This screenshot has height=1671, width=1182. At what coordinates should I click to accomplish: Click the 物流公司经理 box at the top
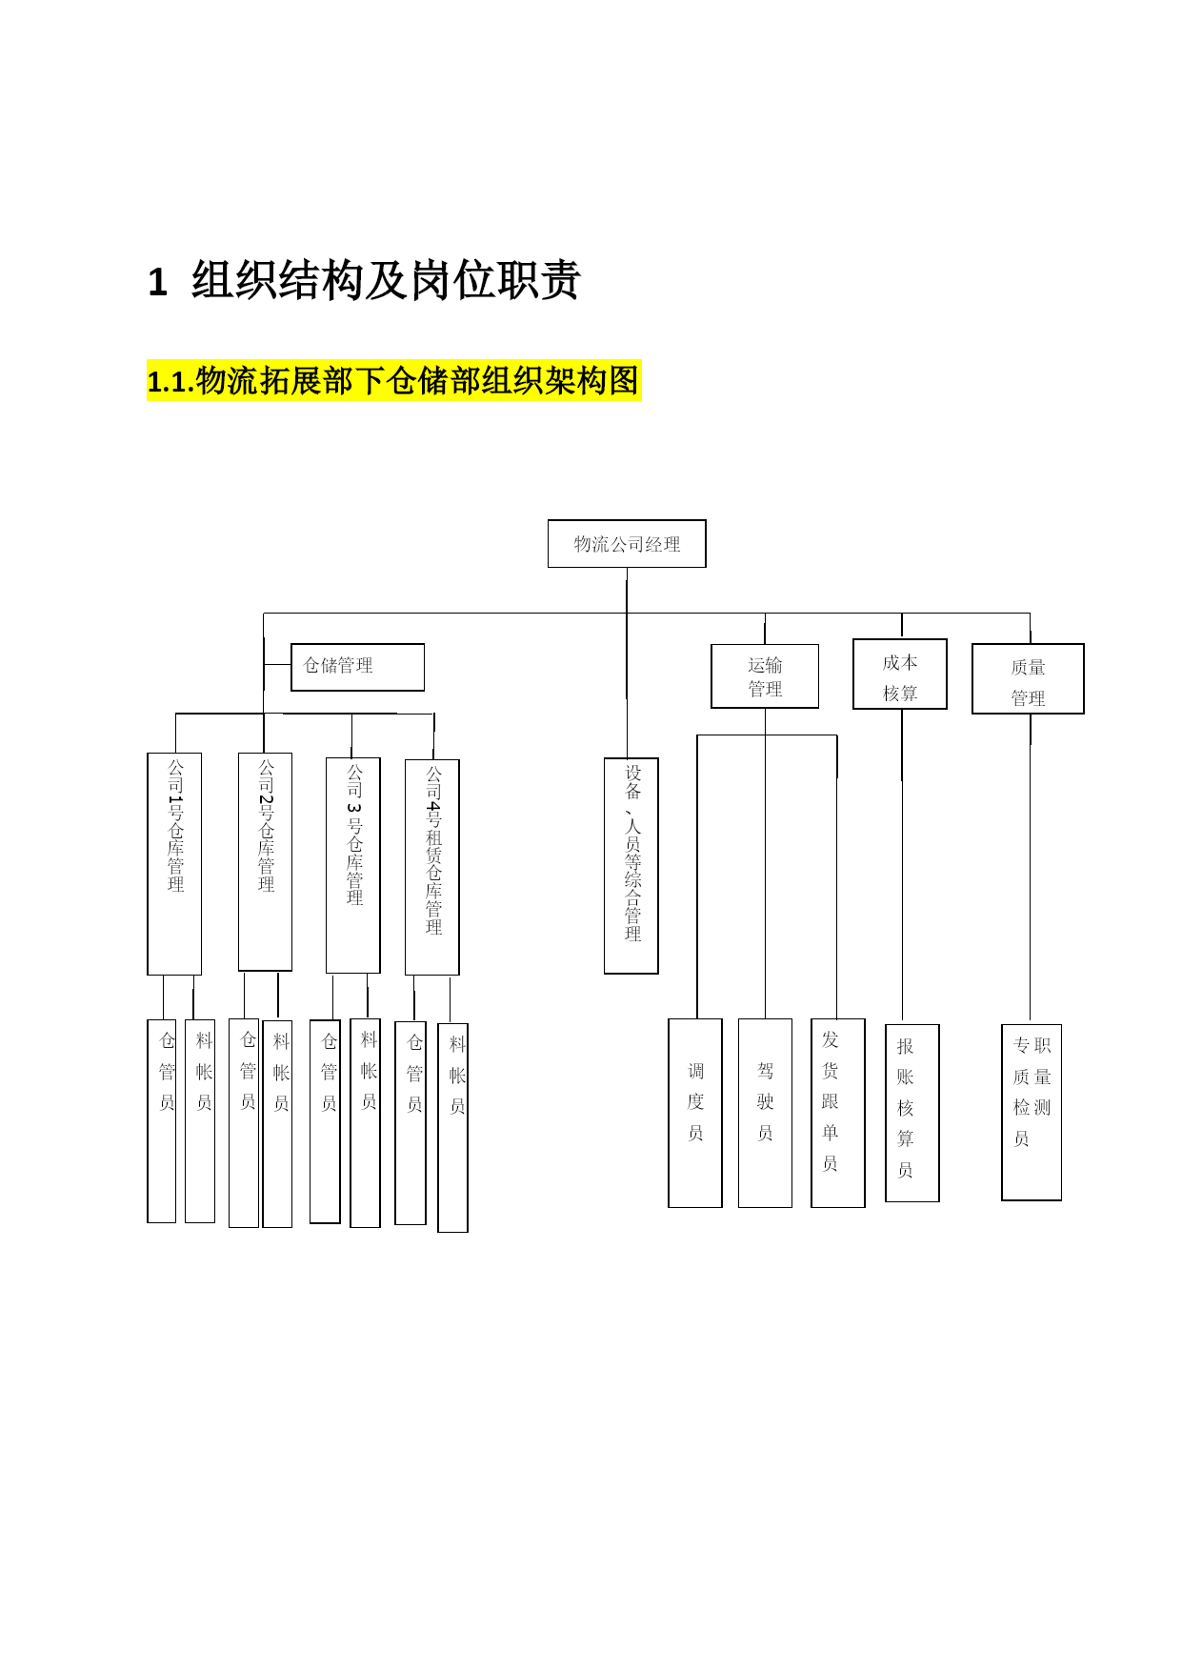[627, 544]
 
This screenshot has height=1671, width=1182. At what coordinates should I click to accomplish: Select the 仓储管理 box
[357, 667]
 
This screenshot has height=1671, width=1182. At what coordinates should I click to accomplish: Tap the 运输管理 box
[765, 676]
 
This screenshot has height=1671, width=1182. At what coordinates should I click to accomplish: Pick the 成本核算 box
[900, 674]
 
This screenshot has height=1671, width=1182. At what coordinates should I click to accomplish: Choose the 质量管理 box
[1028, 679]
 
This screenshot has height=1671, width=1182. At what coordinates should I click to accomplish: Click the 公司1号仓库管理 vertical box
[174, 864]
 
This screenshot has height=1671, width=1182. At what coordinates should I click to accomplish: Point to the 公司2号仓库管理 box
[265, 862]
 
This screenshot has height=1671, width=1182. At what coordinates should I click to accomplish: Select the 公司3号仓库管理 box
[353, 865]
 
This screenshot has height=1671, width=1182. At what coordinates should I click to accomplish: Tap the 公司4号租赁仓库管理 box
[432, 867]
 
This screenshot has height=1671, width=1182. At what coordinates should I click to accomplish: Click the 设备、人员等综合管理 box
[631, 866]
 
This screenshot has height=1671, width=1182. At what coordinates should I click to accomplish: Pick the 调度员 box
[695, 1113]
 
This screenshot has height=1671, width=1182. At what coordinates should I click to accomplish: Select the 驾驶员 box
[765, 1113]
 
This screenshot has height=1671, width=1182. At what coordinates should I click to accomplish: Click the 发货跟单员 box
[838, 1113]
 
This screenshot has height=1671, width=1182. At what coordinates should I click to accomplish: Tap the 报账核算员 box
[912, 1113]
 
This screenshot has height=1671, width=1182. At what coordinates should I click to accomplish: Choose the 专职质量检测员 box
[1032, 1113]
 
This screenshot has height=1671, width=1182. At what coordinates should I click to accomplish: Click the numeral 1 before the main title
[157, 283]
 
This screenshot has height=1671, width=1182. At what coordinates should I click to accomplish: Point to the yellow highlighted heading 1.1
[393, 381]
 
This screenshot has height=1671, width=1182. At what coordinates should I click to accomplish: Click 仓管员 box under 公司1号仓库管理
[162, 1121]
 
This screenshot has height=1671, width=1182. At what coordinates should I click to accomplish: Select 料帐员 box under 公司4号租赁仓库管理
[452, 1128]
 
